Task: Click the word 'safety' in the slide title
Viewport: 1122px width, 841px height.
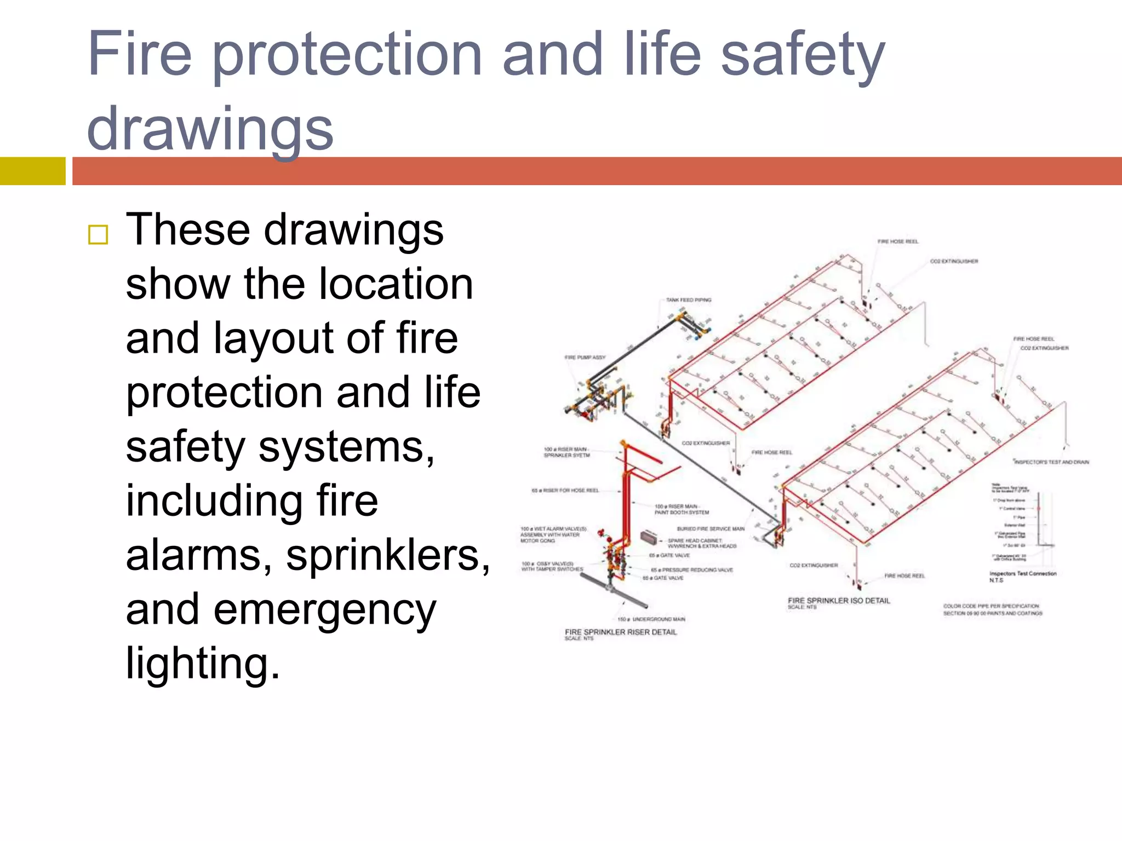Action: point(802,55)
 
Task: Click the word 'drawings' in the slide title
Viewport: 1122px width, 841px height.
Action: point(210,129)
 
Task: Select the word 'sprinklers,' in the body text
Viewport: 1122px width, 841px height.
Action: point(388,555)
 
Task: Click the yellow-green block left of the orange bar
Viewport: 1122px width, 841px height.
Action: point(32,171)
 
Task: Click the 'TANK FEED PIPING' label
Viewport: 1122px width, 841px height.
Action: point(688,300)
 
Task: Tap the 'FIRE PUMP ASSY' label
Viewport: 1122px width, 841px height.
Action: point(585,357)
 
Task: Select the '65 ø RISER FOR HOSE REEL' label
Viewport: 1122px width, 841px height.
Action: point(565,491)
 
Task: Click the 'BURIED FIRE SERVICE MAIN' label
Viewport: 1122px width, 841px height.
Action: point(710,529)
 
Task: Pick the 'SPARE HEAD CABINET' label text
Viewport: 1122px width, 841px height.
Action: point(695,540)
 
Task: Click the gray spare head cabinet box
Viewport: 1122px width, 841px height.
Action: point(649,537)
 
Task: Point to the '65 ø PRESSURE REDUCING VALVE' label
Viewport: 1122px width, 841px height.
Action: point(691,570)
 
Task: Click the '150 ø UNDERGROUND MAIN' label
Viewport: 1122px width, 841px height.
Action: point(651,619)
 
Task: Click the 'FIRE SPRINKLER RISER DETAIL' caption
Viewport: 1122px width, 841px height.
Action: point(621,632)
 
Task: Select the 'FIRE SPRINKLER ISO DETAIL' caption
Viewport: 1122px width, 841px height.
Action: point(839,601)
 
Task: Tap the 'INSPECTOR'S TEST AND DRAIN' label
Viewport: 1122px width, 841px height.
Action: point(1051,462)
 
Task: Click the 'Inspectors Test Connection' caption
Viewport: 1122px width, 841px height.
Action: point(1022,574)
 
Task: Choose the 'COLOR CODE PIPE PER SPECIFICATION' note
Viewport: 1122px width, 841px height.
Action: point(991,606)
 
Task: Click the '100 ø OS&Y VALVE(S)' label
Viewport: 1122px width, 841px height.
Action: point(547,564)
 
